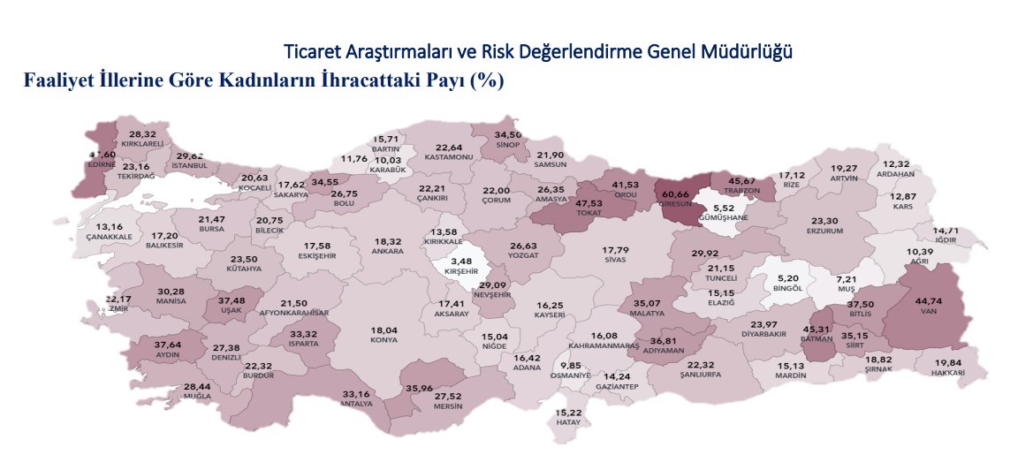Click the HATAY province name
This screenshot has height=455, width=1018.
(x=568, y=421)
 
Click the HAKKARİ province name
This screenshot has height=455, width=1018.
(x=947, y=373)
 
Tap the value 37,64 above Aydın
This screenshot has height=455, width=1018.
(x=167, y=345)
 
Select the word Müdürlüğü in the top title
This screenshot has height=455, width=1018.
(x=751, y=51)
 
